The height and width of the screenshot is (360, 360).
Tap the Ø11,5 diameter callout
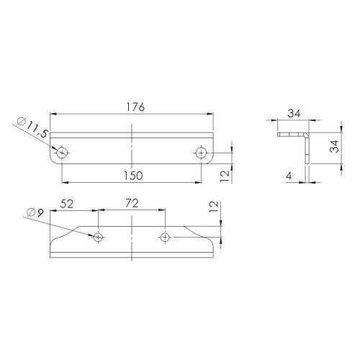point(30,128)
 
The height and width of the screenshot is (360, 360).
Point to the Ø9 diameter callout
point(35,212)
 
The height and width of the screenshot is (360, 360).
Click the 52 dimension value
point(67,204)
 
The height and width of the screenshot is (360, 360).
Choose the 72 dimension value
point(132,204)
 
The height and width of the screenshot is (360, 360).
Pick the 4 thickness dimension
point(287,175)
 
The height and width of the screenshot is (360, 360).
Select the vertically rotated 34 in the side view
point(333,148)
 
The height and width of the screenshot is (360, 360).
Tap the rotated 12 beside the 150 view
point(225,174)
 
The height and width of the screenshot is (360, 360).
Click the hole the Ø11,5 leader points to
point(62,152)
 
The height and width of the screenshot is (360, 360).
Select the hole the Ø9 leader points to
point(99,236)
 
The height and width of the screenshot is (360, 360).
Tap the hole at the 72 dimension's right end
point(165,236)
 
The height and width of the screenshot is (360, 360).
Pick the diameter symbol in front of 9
point(30,212)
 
